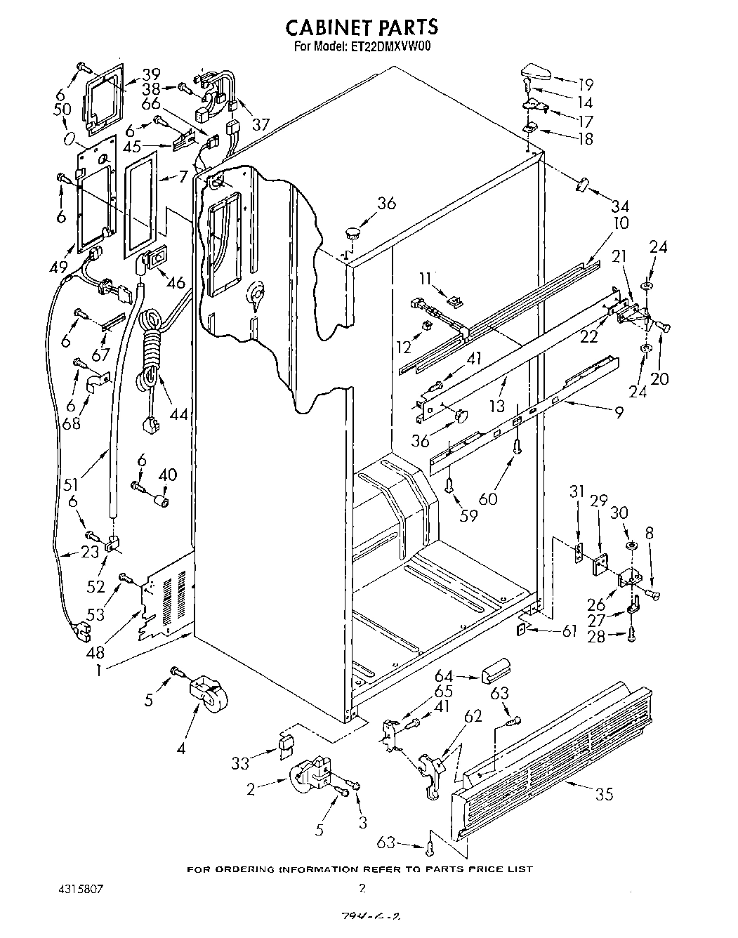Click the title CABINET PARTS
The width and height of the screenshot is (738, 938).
(362, 27)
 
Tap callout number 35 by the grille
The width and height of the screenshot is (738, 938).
(604, 794)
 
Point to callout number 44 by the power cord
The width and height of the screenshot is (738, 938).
(179, 414)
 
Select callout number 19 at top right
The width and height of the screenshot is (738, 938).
(584, 82)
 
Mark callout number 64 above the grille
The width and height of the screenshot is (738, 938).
(444, 676)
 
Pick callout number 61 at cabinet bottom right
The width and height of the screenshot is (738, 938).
(570, 630)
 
